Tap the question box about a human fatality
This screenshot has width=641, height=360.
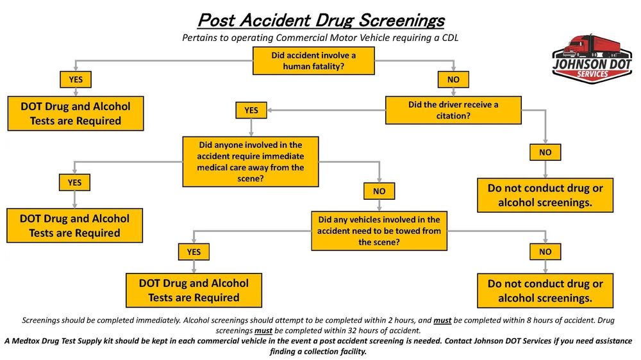pos(314,61)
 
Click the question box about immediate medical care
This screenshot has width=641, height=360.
pos(251,161)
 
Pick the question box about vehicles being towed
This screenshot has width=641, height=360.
pos(379,231)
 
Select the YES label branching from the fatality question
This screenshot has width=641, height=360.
pos(76,79)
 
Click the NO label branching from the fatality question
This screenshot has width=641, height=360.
pos(453,79)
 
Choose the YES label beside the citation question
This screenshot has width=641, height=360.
pos(251,110)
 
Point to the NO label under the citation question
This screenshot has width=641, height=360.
pos(545,152)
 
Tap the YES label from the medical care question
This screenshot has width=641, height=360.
pos(74,183)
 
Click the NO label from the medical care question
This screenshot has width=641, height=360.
pos(379,191)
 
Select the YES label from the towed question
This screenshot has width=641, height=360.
pos(194,252)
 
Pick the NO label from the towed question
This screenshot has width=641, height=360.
pos(545,252)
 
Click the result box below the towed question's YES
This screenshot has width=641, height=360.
pos(194,290)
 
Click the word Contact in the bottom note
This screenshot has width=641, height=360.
pos(476,341)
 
